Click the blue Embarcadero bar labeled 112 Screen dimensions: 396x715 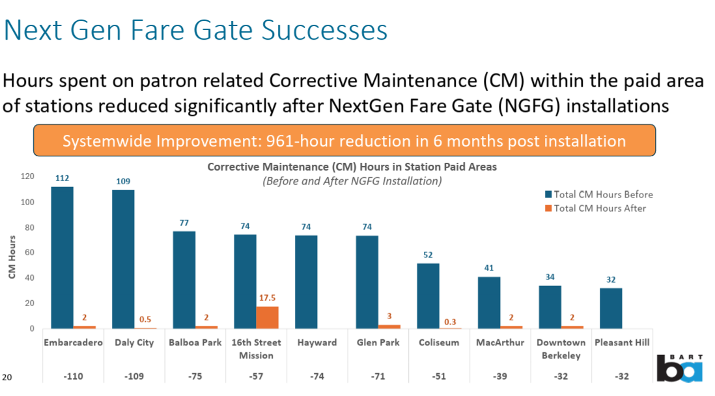(62, 257)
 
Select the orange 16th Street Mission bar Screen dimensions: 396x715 (267, 317)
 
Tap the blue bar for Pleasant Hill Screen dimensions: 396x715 (611, 308)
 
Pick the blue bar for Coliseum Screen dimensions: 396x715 (428, 296)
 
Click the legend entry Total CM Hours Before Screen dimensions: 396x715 (598, 194)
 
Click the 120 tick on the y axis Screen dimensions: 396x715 (27, 177)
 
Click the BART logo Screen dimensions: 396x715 (679, 368)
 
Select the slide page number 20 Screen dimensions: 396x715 (7, 377)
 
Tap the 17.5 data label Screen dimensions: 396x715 (267, 298)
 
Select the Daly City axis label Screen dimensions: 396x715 (134, 343)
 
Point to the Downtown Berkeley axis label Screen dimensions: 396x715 (561, 348)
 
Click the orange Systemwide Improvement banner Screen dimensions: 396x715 (344, 141)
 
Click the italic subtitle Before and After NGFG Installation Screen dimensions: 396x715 (352, 181)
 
